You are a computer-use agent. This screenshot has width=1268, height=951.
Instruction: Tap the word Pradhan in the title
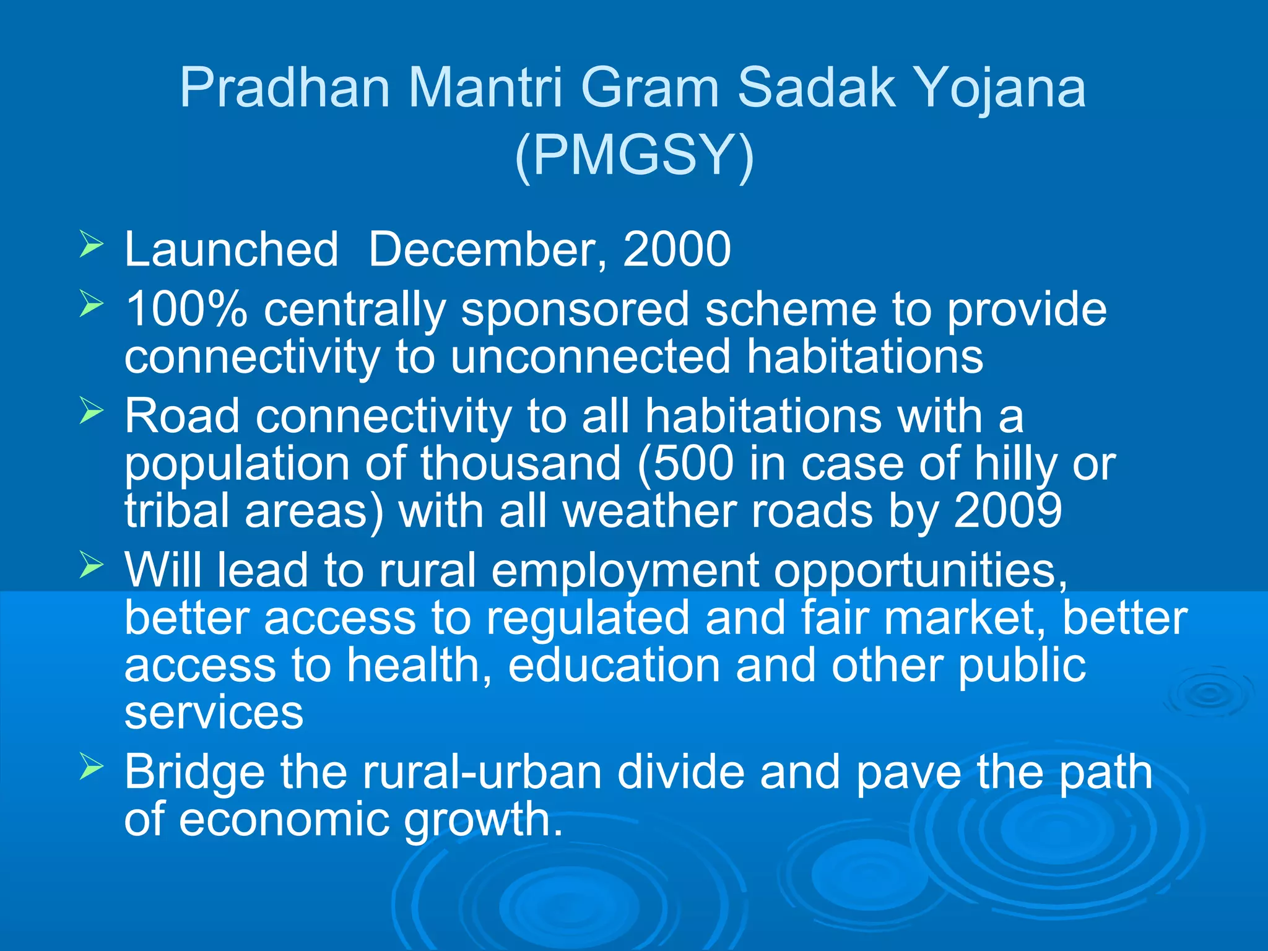[x=285, y=88]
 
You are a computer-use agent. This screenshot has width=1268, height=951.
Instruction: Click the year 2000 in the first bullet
[x=677, y=250]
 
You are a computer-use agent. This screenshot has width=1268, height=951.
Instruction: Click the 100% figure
[x=186, y=309]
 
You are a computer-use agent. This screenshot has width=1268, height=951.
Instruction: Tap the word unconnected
[x=591, y=357]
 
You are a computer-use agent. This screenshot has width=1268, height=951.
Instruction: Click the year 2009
[x=1008, y=511]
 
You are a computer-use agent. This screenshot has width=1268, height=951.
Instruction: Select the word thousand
[x=521, y=464]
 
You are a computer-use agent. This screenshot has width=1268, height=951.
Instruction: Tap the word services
[x=214, y=713]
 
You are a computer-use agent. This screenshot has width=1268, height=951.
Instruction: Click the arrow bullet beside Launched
[x=91, y=245]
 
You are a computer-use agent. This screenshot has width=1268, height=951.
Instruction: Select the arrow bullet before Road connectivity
[x=91, y=411]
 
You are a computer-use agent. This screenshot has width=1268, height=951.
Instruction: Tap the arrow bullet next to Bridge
[x=91, y=767]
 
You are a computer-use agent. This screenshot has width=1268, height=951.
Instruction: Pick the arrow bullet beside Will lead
[x=91, y=565]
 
